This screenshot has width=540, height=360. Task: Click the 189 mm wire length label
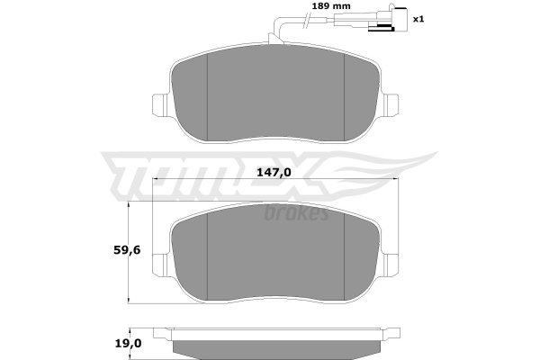(x=330, y=6)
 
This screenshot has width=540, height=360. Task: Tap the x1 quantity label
(x=418, y=19)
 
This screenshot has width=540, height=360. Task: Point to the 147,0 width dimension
(x=274, y=172)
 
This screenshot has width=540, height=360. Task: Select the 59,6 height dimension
(x=127, y=250)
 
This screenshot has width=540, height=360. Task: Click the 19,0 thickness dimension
(x=128, y=344)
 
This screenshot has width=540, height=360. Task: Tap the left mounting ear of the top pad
(x=159, y=105)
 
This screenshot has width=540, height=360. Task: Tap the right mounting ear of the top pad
(x=391, y=104)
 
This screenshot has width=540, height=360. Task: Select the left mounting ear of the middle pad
(x=159, y=265)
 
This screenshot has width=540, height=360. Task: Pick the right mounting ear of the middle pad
(x=391, y=265)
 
